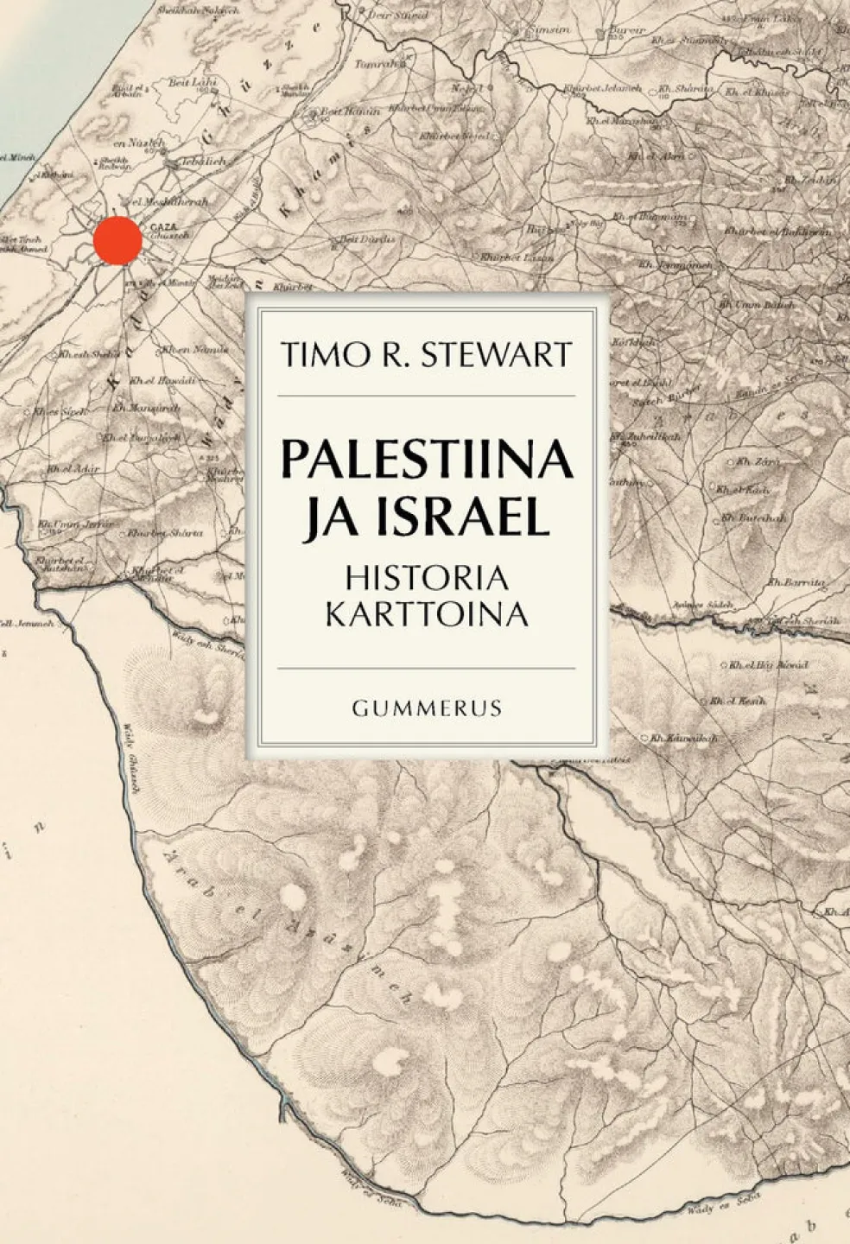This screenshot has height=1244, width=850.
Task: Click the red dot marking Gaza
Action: [x=117, y=240]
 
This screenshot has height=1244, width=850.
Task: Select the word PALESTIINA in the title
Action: [x=427, y=460]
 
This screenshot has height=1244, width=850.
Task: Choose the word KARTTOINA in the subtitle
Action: [x=428, y=612]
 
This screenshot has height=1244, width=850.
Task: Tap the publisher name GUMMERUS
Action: [x=428, y=708]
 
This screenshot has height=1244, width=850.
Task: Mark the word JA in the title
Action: [x=323, y=519]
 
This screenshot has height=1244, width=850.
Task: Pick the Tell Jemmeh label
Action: [x=26, y=622]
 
